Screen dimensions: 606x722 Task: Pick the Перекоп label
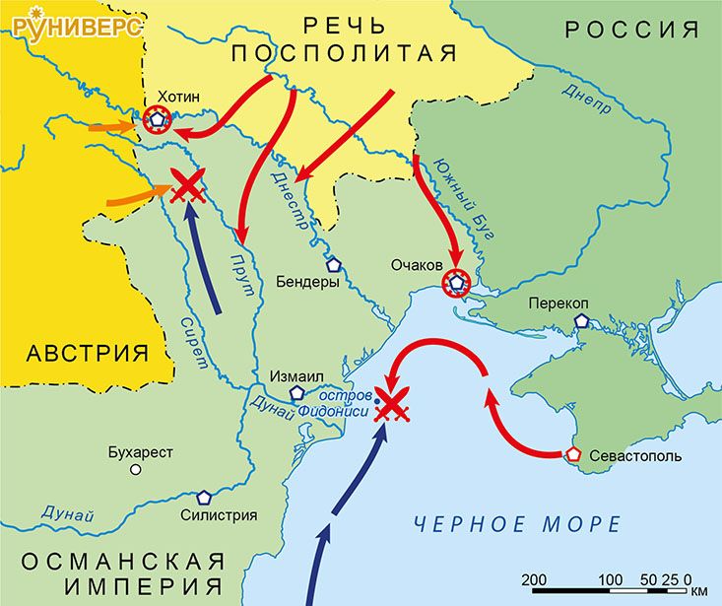click(x=562, y=303)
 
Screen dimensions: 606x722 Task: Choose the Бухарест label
click(x=141, y=452)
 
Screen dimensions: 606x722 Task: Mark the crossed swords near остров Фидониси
click(x=394, y=405)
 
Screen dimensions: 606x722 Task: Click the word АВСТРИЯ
click(x=83, y=353)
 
